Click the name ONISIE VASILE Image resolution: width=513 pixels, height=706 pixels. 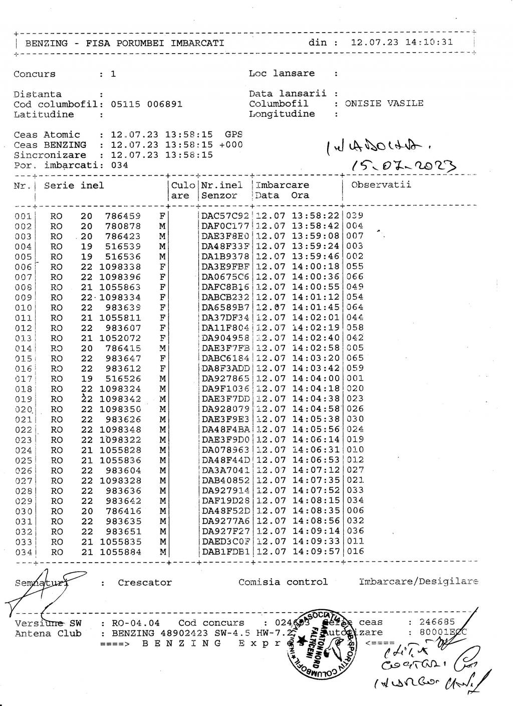tap(384, 104)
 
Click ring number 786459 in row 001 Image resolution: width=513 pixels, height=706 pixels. tap(123, 216)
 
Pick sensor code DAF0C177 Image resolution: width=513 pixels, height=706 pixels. tap(225, 226)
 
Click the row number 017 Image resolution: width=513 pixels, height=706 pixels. tap(23, 379)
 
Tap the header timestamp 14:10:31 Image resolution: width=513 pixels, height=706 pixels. tap(429, 42)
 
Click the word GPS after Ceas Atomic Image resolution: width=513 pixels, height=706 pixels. tap(233, 134)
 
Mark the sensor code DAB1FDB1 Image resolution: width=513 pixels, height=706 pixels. tap(225, 552)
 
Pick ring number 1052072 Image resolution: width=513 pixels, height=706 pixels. tap(120, 338)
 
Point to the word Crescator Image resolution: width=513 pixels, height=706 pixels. tap(145, 583)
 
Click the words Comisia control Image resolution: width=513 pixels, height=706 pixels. tap(283, 582)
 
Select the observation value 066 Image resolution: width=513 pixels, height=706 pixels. tap(355, 277)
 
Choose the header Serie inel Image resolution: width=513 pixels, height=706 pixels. tap(74, 186)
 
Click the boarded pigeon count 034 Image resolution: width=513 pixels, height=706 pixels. tap(119, 165)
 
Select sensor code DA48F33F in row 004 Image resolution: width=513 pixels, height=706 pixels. tap(225, 247)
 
